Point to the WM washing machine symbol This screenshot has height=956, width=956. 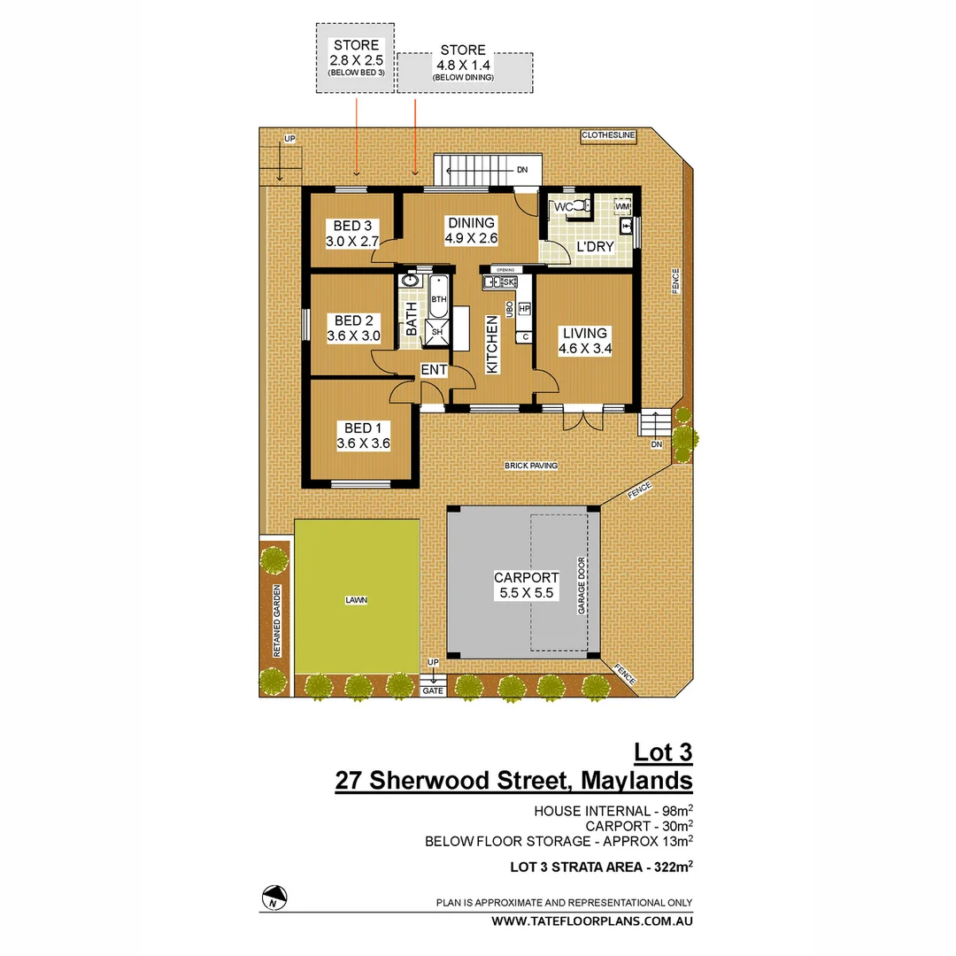tap(622, 206)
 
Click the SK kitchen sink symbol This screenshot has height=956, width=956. tap(508, 282)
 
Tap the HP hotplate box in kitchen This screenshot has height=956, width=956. tap(524, 309)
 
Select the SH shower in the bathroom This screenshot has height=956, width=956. tap(437, 332)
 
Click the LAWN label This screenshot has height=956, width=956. tap(357, 599)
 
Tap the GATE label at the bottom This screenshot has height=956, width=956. tap(433, 690)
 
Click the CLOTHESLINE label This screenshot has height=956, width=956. tap(608, 135)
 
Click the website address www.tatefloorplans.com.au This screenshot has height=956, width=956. tap(592, 921)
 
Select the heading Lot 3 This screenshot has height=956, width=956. tap(663, 752)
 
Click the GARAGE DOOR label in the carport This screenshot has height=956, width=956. tap(582, 585)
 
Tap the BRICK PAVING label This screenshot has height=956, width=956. tap(529, 465)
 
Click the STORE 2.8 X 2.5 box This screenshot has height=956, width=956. tap(354, 57)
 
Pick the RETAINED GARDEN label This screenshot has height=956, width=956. tap(277, 621)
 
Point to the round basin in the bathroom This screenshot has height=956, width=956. tap(410, 281)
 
